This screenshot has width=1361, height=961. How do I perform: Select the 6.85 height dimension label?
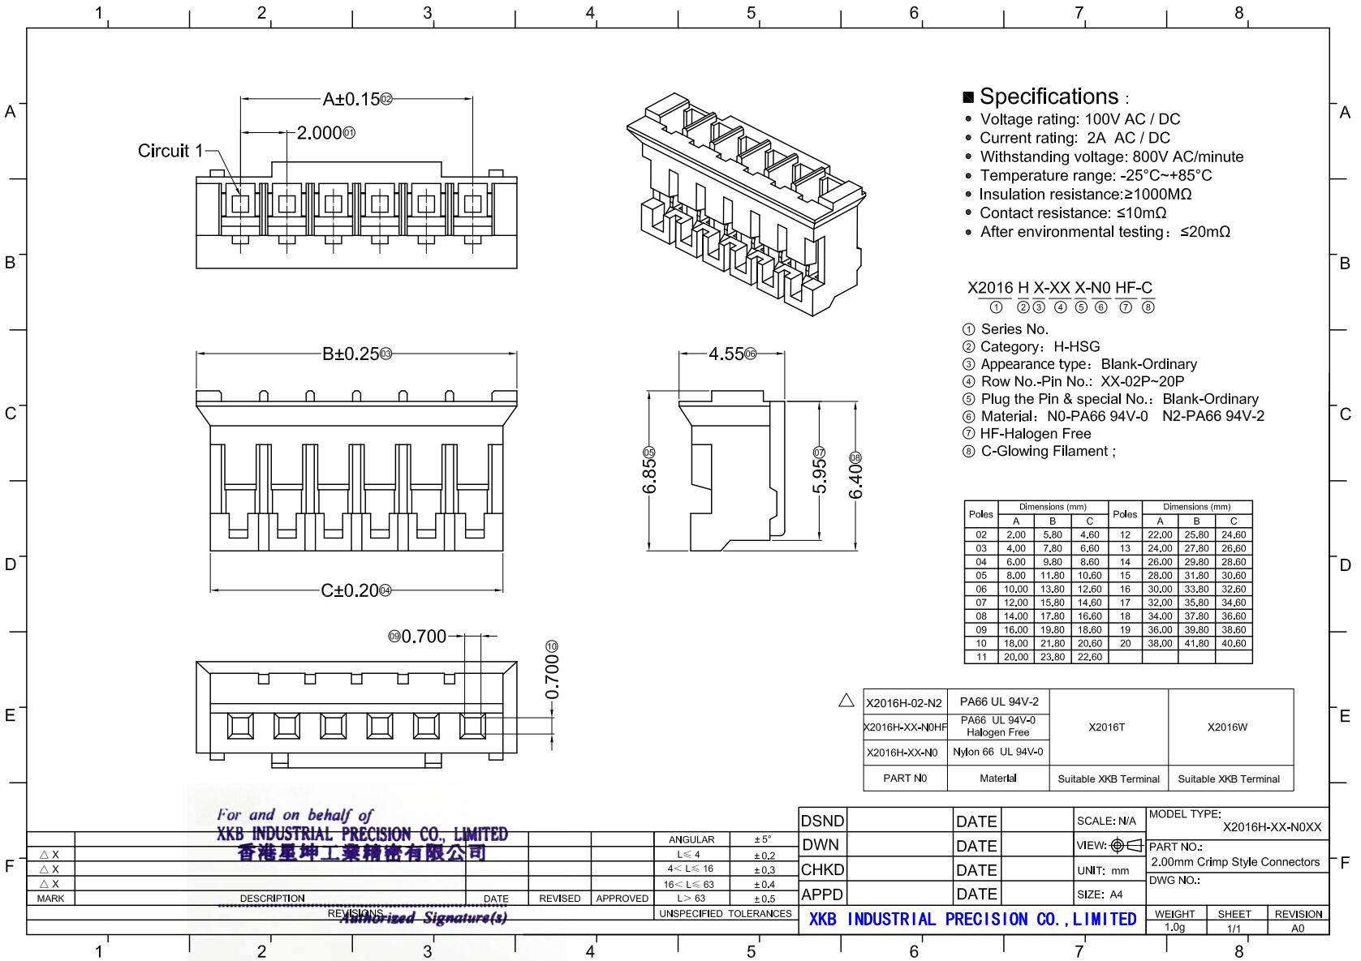pyautogui.click(x=648, y=476)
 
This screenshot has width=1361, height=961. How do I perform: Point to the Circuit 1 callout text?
pyautogui.click(x=170, y=151)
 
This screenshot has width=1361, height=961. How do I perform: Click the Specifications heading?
pyautogui.click(x=1049, y=97)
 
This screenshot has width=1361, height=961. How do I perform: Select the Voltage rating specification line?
pyautogui.click(x=1079, y=119)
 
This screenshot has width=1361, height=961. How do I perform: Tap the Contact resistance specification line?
pyautogui.click(x=1072, y=213)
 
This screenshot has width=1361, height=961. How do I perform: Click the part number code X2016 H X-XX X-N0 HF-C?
pyautogui.click(x=1059, y=288)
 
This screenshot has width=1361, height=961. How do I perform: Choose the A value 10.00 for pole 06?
pyautogui.click(x=1015, y=590)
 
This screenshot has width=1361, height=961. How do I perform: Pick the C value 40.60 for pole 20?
pyautogui.click(x=1233, y=644)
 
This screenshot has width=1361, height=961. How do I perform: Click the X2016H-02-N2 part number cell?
pyautogui.click(x=903, y=703)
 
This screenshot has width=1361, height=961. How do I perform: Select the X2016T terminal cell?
pyautogui.click(x=1106, y=727)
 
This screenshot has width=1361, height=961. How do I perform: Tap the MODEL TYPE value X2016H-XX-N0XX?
pyautogui.click(x=1272, y=827)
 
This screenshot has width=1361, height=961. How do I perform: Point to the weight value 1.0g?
pyautogui.click(x=1174, y=928)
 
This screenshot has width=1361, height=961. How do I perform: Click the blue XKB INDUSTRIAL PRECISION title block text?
pyautogui.click(x=972, y=920)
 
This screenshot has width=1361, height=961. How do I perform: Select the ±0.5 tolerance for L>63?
pyautogui.click(x=764, y=899)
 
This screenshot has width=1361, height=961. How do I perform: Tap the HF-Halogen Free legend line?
pyautogui.click(x=1035, y=434)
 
